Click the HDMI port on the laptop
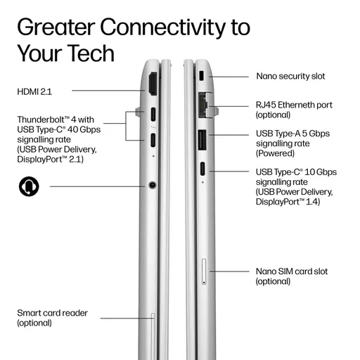153,84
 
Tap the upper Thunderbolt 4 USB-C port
153,114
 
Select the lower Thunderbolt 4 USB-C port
153,140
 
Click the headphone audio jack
153,185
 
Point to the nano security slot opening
202,75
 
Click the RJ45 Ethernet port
203,105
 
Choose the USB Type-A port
202,140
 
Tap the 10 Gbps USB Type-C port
202,169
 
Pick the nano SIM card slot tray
204,271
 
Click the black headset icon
29,186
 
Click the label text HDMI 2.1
34,91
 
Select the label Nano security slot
290,76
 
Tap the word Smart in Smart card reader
29,313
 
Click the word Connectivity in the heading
162,27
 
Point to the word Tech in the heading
91,53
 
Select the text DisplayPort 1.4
288,202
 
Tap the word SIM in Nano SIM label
285,271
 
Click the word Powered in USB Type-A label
275,153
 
